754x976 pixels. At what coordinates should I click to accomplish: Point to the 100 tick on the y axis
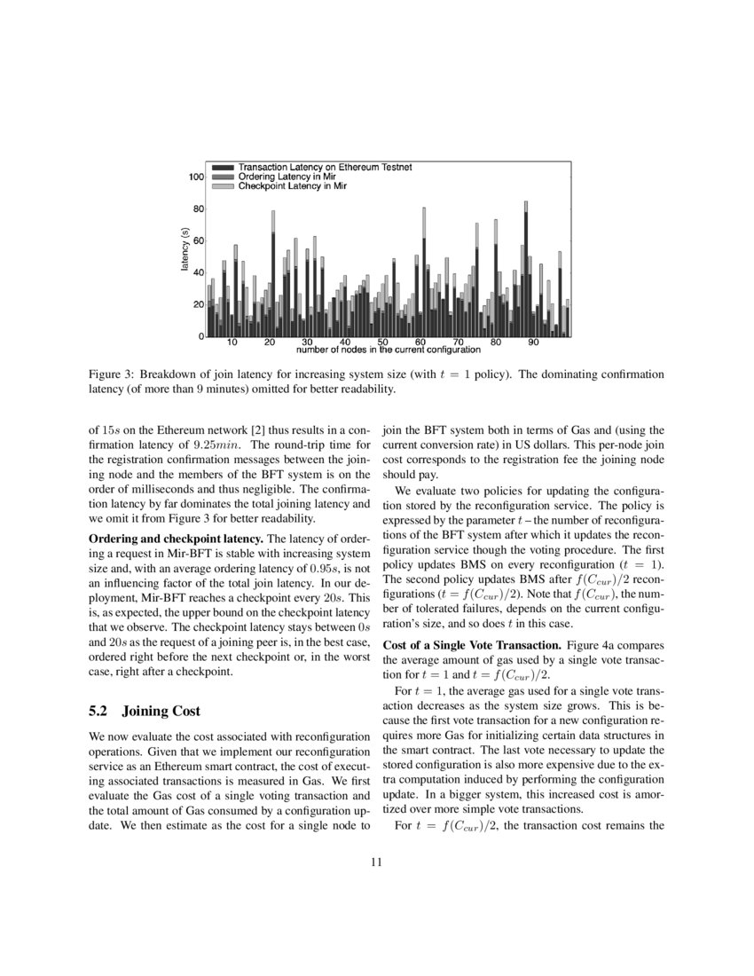(197, 177)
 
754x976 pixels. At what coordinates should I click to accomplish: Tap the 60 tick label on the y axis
(199, 241)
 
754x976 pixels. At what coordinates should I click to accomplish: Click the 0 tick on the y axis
(201, 337)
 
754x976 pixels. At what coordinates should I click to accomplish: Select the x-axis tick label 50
(382, 342)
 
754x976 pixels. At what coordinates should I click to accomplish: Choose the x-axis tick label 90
(534, 342)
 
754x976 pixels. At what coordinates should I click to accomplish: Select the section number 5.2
(101, 711)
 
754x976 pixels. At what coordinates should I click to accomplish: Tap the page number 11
(376, 861)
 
